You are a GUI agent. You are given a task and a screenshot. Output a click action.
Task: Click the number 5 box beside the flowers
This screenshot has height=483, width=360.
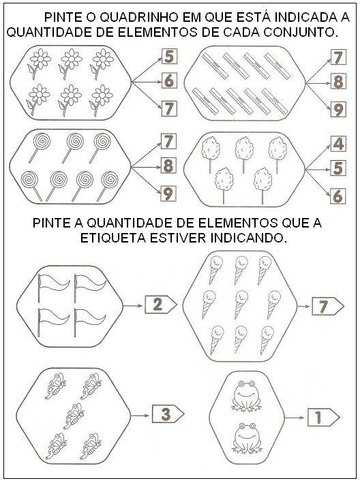tap(169, 57)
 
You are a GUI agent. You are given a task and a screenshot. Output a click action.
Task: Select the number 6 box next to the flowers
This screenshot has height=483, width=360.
tap(169, 80)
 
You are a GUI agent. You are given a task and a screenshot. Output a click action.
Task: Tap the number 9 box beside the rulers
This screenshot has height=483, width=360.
tap(338, 110)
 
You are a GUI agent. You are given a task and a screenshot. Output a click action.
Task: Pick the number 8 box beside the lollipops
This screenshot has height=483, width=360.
tap(168, 166)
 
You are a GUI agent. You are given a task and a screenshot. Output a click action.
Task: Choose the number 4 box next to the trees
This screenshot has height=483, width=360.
tap(338, 144)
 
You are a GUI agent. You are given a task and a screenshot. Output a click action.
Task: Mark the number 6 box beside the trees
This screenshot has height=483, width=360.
tap(338, 196)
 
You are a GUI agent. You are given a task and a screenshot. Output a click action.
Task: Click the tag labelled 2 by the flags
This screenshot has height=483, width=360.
tap(161, 305)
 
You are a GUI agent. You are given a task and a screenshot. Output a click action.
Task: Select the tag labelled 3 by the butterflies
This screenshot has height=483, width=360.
tap(168, 414)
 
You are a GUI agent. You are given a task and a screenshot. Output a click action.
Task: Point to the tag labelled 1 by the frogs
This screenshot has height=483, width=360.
tap(324, 418)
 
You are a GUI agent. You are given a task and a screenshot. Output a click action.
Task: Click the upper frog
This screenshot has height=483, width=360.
tap(245, 396)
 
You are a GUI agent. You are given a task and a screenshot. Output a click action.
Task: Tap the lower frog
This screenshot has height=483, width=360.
tap(247, 438)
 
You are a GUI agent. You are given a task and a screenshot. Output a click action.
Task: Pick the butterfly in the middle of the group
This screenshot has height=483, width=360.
tap(74, 416)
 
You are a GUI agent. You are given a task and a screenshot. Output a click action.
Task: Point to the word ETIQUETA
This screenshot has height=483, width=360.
tap(113, 238)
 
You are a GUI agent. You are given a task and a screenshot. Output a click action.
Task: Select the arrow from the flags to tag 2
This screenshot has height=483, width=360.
tap(133, 306)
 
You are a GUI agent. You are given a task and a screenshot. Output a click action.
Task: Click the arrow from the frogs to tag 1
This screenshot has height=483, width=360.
tap(295, 418)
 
